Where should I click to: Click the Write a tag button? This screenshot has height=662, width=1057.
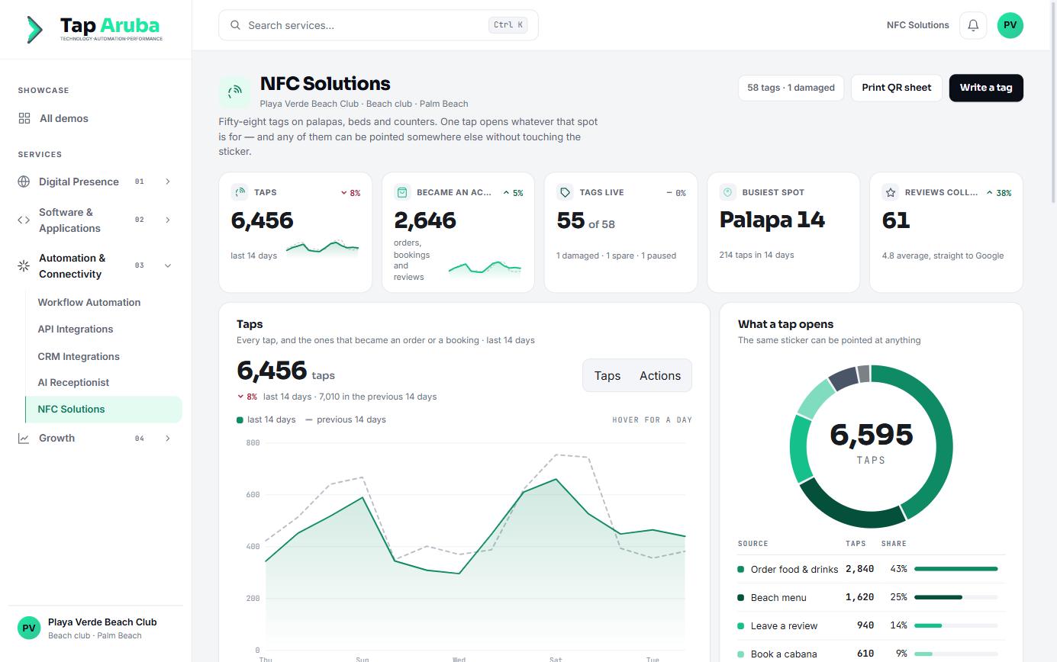986,88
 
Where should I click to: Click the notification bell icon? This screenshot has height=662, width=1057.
973,25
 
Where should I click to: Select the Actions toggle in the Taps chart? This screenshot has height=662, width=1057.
659,375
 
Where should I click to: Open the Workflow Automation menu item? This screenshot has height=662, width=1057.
89,302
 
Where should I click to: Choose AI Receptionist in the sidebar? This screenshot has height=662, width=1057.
73,382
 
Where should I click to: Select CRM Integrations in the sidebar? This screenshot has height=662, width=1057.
79,356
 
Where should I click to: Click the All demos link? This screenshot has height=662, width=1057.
63,118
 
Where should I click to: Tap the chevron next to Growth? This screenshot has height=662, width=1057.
167,438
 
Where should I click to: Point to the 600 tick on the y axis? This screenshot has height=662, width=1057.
253,495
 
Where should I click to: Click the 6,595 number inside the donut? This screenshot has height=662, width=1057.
871,434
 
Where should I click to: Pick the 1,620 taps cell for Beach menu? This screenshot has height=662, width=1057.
859,597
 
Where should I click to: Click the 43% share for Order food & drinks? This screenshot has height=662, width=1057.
898,569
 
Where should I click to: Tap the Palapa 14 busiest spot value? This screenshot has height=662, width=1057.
772,220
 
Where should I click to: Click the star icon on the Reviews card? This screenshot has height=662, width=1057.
891,192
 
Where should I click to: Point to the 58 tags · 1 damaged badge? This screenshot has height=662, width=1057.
791,88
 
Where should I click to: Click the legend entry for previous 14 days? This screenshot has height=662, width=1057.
346,419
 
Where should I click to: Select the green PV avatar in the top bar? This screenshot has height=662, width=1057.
1010,25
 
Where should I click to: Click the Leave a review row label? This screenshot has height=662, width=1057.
784,625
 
